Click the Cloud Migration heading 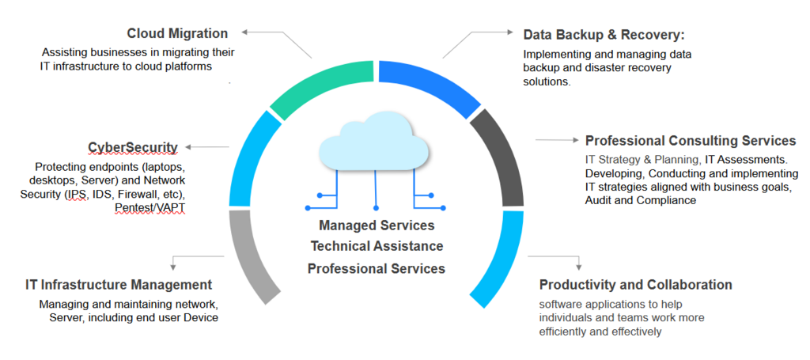pyautogui.click(x=177, y=33)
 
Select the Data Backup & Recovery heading pyautogui.click(x=604, y=35)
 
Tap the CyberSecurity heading pyautogui.click(x=133, y=147)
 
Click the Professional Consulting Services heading pyautogui.click(x=690, y=141)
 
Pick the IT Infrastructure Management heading pyautogui.click(x=119, y=285)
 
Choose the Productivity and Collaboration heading pyautogui.click(x=635, y=285)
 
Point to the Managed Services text pyautogui.click(x=377, y=226)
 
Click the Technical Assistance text pyautogui.click(x=377, y=247)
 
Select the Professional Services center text pyautogui.click(x=377, y=268)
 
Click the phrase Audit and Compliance pyautogui.click(x=641, y=200)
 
